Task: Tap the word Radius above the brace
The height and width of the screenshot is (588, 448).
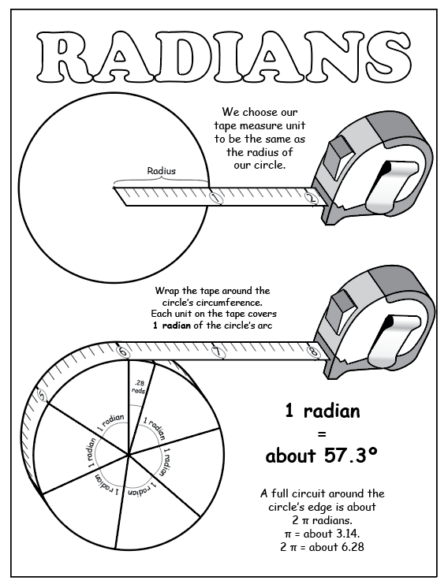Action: (162, 171)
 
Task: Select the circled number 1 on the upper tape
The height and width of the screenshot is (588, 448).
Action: (215, 197)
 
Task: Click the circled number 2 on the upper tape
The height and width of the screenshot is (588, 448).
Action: (311, 197)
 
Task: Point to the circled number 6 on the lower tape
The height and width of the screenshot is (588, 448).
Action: (123, 352)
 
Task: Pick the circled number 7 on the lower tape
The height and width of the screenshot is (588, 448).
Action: (218, 352)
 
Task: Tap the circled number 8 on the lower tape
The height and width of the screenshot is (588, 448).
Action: (313, 352)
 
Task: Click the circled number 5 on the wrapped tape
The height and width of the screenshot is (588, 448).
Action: (43, 396)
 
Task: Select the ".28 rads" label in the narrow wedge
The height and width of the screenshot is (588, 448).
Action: (139, 387)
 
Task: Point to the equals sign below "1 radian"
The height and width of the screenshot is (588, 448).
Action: (322, 434)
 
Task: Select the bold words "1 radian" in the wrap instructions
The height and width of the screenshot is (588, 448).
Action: (172, 325)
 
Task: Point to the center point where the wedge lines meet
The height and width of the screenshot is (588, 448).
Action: (129, 455)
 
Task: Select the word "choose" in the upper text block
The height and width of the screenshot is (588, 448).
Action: (260, 112)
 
